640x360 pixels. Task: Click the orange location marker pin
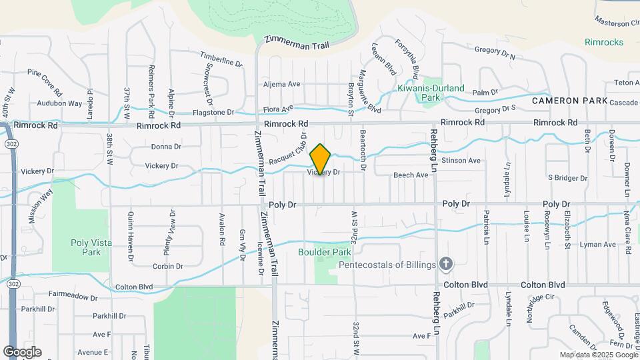tap(321, 159)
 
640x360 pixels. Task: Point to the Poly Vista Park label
tap(89, 247)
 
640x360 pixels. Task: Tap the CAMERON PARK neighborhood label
tap(569, 101)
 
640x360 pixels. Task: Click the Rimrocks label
tap(605, 42)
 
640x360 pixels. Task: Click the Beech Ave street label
tap(410, 175)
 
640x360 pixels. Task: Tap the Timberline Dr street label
tap(221, 61)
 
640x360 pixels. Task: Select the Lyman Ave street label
tap(597, 245)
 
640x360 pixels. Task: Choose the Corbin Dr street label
tap(167, 266)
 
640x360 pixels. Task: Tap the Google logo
tap(22, 351)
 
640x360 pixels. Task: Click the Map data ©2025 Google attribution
tap(598, 355)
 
